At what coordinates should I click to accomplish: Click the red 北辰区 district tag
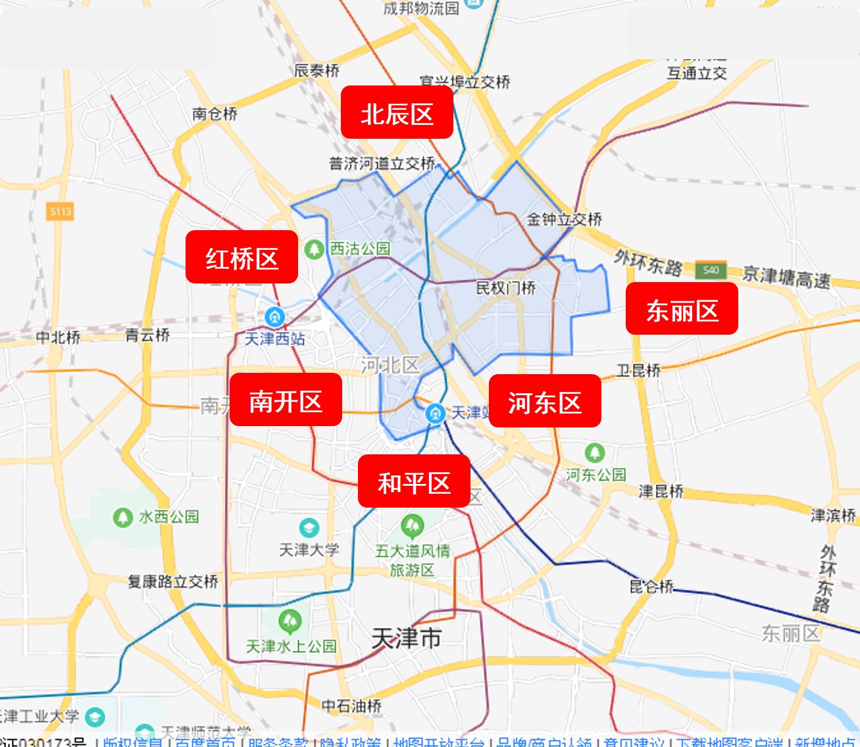coord(397,112)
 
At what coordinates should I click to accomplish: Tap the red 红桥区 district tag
coord(241,257)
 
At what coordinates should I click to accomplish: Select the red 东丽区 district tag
coord(682,309)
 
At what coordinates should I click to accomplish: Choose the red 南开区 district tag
coord(286,400)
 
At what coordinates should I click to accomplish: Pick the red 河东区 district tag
coord(545,401)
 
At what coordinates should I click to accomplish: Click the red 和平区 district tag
coord(414,481)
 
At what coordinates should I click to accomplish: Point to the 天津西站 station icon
coord(274,318)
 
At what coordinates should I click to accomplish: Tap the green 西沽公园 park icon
coord(314,249)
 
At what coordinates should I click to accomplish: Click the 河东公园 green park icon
coord(595,452)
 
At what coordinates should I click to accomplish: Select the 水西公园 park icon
coord(122,518)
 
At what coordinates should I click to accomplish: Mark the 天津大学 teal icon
coord(309,527)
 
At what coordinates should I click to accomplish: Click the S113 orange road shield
coord(60,212)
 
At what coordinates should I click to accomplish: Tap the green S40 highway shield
coord(711,270)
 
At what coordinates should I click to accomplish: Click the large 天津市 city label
coord(406,638)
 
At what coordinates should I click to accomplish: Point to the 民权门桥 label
coord(505,288)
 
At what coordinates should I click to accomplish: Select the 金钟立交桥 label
coord(565,219)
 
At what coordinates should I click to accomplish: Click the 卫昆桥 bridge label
coord(638,371)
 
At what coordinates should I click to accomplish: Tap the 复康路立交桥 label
coord(173,581)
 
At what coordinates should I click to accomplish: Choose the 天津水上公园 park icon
coord(290,621)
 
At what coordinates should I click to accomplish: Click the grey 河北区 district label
coord(390,365)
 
